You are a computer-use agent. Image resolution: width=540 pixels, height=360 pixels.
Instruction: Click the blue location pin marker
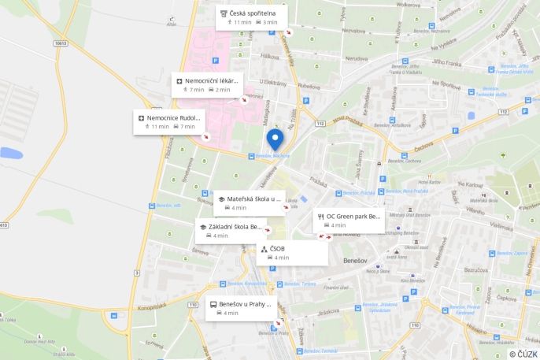coord(274,139)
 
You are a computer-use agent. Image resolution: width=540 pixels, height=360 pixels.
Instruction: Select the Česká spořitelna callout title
coord(253,13)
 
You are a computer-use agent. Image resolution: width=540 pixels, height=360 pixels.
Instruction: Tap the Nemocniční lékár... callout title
coord(212,80)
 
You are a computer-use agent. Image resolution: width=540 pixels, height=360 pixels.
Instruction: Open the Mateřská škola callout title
coord(253,199)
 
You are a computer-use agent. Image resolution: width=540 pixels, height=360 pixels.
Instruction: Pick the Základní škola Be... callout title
coord(235,226)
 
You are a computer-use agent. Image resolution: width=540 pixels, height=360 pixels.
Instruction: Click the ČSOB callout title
coord(277,249)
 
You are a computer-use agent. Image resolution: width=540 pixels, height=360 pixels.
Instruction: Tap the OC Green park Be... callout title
coord(353,216)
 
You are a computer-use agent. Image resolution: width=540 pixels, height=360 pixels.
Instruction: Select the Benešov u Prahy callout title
coord(245,303)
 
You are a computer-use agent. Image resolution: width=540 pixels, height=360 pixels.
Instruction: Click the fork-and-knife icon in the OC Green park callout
coord(320,216)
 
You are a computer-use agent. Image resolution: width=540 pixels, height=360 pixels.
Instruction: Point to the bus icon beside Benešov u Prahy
coord(213,303)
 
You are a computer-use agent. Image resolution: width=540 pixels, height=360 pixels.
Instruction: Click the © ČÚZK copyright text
coord(523,354)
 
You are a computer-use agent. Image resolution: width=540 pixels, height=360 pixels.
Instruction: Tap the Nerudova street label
coord(356,58)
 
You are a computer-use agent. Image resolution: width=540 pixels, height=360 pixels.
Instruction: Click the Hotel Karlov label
coord(429,182)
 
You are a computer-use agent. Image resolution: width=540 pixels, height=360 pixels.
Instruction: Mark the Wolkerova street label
coord(409,6)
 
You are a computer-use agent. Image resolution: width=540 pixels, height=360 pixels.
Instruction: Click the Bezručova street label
coord(475,269)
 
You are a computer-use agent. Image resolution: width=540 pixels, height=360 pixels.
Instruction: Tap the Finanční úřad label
coord(335,288)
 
